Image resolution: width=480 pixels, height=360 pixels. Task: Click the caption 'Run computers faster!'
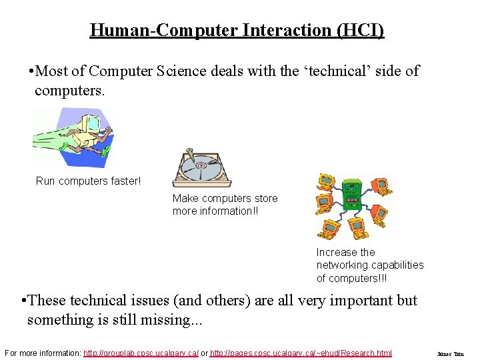tap(88, 181)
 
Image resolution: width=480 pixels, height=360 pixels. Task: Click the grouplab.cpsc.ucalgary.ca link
tap(141, 353)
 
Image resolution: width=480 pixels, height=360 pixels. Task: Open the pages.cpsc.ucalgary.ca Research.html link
tap(301, 353)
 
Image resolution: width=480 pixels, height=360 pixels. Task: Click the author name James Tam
tap(450, 353)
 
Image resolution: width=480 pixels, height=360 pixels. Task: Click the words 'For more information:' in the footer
tap(41, 353)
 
